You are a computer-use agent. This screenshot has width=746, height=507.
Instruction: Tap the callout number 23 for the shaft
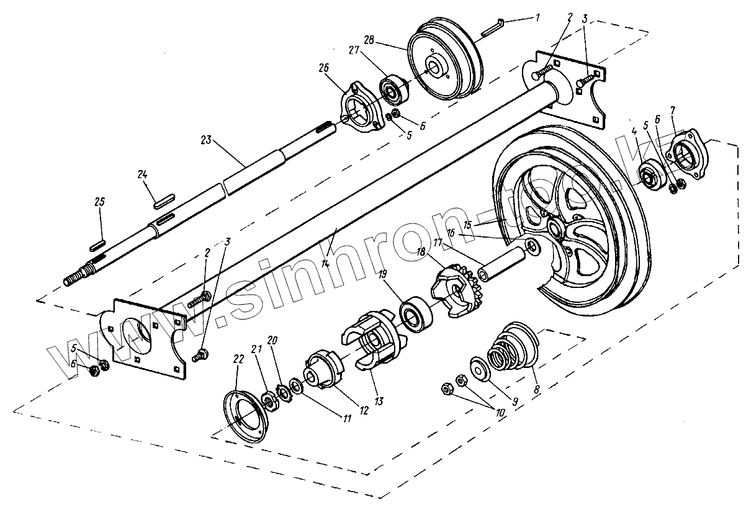(x=207, y=140)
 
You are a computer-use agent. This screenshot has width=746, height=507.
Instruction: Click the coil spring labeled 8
(x=504, y=357)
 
